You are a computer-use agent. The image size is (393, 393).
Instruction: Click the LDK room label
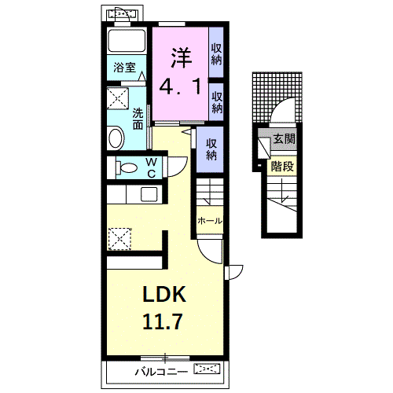pyautogui.click(x=164, y=294)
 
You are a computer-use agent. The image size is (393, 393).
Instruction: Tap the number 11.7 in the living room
pyautogui.click(x=163, y=321)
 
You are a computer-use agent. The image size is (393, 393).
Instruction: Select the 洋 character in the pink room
pyautogui.click(x=182, y=57)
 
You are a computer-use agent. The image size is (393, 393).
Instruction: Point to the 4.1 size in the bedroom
pyautogui.click(x=180, y=86)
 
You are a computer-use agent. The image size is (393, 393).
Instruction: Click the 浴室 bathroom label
pyautogui.click(x=125, y=68)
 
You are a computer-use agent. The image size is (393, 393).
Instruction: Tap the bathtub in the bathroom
pyautogui.click(x=127, y=41)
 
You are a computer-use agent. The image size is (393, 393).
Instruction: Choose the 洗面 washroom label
pyautogui.click(x=138, y=119)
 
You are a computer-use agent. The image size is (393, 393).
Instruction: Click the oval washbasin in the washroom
pyautogui.click(x=116, y=138)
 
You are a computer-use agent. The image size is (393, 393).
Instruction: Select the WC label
pyautogui.click(x=152, y=167)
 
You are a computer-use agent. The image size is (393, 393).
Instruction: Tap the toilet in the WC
pyautogui.click(x=127, y=167)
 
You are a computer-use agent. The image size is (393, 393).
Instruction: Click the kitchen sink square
pyautogui.click(x=149, y=194)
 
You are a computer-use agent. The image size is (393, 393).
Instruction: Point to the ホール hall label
pyautogui.click(x=210, y=221)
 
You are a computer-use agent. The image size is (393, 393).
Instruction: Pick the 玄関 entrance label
pyautogui.click(x=284, y=139)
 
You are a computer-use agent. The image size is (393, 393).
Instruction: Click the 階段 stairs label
pyautogui.click(x=282, y=166)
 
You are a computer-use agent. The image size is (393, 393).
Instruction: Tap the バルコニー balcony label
pyautogui.click(x=161, y=372)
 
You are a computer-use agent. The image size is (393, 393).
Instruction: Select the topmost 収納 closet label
pyautogui.click(x=216, y=54)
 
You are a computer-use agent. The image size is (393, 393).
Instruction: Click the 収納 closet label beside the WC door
pyautogui.click(x=211, y=149)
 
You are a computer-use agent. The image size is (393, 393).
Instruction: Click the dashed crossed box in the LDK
pyautogui.click(x=119, y=239)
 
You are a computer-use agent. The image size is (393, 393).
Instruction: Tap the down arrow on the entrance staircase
pyautogui.click(x=282, y=190)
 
